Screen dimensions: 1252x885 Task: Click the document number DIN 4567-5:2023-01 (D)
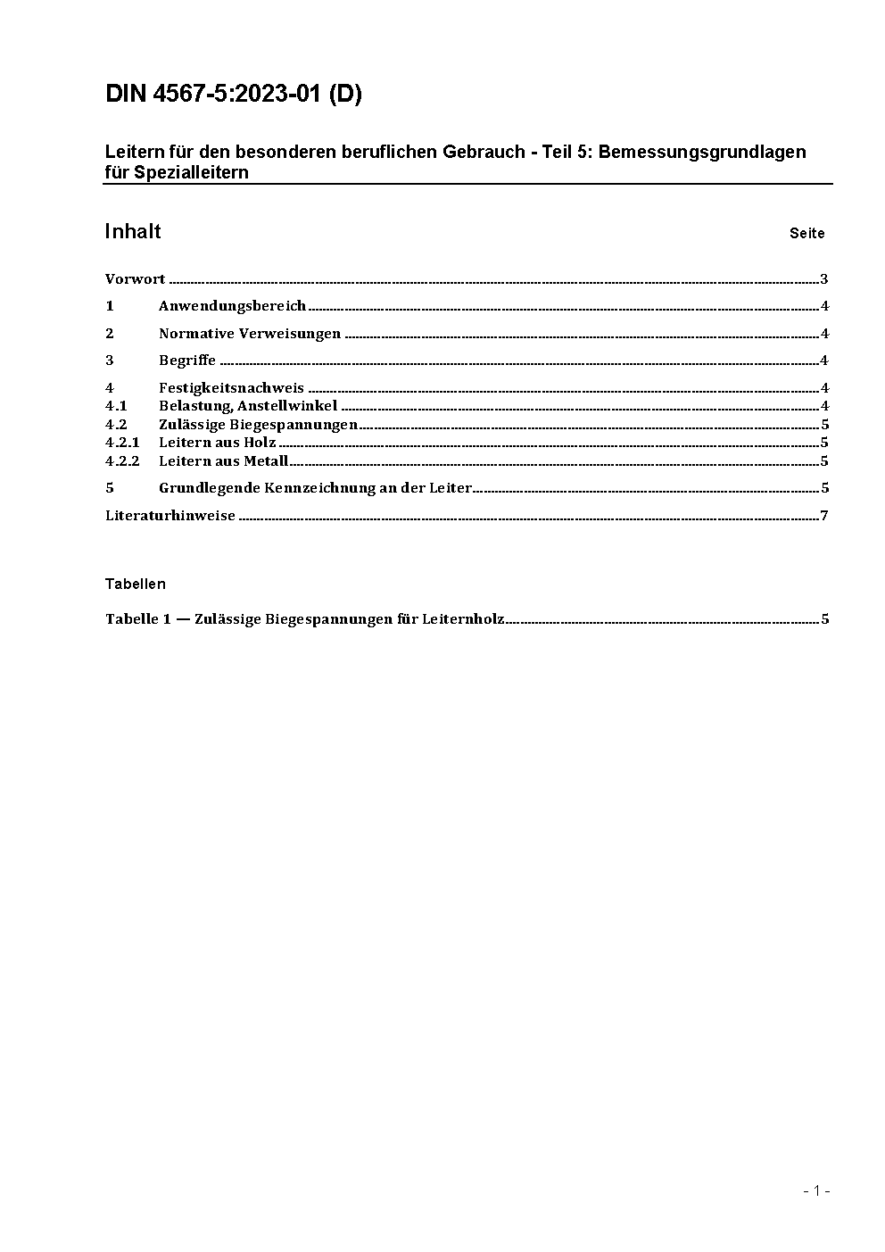coord(234,95)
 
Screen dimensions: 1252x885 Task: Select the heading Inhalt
coord(133,232)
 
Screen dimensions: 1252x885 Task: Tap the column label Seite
coord(806,234)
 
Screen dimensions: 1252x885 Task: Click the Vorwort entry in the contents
coord(135,279)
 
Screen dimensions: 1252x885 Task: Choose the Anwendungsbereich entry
coord(232,306)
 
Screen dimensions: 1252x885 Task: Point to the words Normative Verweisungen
coord(249,334)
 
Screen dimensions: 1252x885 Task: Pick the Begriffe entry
coord(186,361)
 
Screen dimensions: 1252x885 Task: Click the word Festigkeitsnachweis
coord(231,388)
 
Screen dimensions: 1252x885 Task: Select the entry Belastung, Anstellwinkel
coord(247,406)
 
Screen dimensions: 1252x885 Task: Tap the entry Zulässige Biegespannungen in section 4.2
coord(258,425)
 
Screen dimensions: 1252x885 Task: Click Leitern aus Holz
coord(217,443)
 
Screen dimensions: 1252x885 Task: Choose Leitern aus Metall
coord(223,461)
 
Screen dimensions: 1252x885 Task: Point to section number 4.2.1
coord(122,443)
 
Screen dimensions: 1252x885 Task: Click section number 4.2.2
coord(122,461)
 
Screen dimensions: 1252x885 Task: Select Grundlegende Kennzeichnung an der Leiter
coord(314,488)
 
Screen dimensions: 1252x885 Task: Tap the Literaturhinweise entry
coord(170,516)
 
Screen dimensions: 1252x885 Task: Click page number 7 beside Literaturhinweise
coord(824,516)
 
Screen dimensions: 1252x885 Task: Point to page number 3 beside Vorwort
coord(824,279)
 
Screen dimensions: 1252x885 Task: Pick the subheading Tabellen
coord(135,585)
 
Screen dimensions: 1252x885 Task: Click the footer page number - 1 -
coord(816,1190)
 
